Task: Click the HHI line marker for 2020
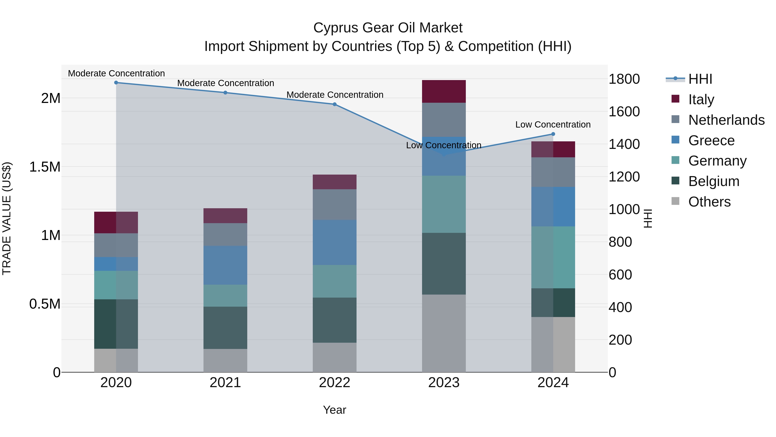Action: coord(116,83)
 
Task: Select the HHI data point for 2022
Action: coord(334,104)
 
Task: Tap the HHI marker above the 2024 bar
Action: coord(553,134)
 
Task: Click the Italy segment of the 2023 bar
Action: coord(444,91)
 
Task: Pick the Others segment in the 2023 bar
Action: coord(444,333)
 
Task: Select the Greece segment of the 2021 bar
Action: coord(225,265)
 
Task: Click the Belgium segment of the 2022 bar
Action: coord(334,320)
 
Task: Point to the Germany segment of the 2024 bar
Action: coord(553,257)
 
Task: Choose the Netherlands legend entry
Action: coord(726,120)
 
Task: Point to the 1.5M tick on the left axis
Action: coord(45,167)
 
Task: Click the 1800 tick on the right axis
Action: coord(624,79)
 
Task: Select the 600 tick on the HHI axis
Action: coord(620,275)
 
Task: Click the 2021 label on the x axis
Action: coord(225,383)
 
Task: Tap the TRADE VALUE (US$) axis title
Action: coord(7,218)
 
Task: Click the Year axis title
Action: coord(334,410)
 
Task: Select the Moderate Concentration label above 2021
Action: coord(225,83)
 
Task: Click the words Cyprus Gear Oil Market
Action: coord(388,28)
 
